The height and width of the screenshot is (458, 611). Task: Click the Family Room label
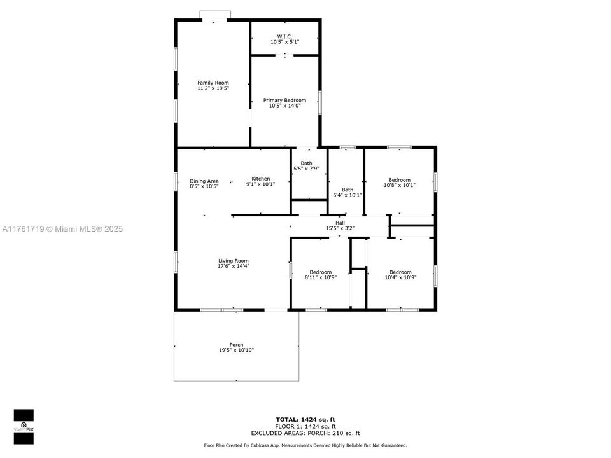pos(213,83)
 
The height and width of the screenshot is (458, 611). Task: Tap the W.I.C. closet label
pos(284,36)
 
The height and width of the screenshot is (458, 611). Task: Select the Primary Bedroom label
pos(284,100)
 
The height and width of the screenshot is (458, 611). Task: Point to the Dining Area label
pos(204,181)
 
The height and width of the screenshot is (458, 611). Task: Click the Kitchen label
pos(260,178)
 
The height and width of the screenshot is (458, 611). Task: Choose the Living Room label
pos(233,260)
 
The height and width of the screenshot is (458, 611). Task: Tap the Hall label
pos(340,223)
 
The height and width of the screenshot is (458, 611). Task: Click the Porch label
pos(236,345)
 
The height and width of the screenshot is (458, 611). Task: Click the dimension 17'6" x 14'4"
pos(233,266)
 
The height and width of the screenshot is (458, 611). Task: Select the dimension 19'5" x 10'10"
pos(236,350)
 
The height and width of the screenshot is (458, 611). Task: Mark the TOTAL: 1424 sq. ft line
pos(305,419)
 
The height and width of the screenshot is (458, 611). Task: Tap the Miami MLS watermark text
pos(62,229)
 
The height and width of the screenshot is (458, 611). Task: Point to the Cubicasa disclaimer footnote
pos(305,445)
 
